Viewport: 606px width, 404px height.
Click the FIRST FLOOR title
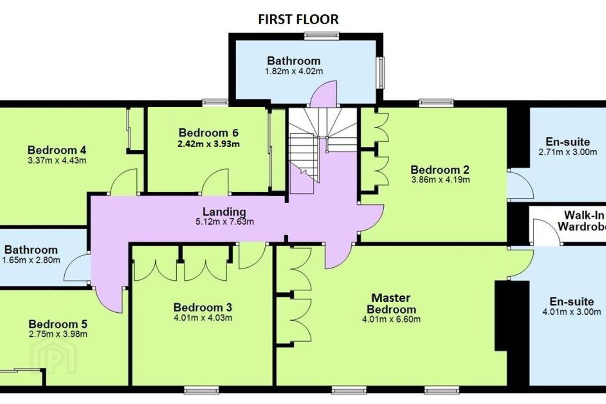(298, 19)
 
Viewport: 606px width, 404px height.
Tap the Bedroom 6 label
(209, 133)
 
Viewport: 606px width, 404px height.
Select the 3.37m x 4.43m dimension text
(57, 160)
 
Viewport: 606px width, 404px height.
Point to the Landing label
(224, 212)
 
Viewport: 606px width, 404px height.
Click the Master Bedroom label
(391, 303)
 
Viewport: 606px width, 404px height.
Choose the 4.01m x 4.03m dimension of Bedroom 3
(203, 317)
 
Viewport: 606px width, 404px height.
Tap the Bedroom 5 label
(58, 324)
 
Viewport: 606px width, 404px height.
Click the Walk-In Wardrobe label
(582, 221)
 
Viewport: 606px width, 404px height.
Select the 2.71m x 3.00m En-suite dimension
(568, 152)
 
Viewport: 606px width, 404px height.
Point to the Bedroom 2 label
(440, 170)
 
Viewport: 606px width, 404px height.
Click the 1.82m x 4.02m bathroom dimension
(294, 71)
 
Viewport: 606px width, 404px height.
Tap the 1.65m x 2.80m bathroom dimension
(31, 260)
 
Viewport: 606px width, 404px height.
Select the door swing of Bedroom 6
(215, 181)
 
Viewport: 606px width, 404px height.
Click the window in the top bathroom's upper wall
(322, 36)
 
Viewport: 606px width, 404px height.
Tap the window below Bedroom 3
(202, 391)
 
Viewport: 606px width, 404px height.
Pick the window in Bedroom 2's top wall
(436, 103)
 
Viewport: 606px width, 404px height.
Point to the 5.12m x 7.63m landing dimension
(225, 222)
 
